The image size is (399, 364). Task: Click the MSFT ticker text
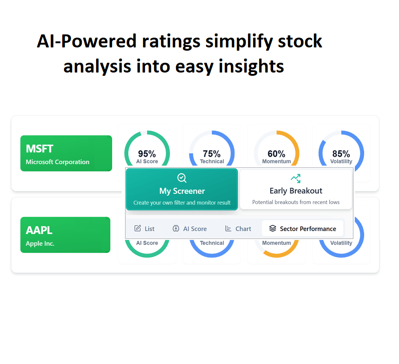pyautogui.click(x=39, y=149)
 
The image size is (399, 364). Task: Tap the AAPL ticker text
pyautogui.click(x=39, y=230)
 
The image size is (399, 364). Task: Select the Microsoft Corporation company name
pyautogui.click(x=58, y=162)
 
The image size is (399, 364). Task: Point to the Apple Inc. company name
pyautogui.click(x=40, y=244)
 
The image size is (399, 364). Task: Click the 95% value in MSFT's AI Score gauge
pyautogui.click(x=147, y=154)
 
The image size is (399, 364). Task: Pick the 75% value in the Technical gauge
pyautogui.click(x=212, y=154)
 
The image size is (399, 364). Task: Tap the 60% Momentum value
pyautogui.click(x=276, y=154)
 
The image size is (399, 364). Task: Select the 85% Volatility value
pyautogui.click(x=341, y=154)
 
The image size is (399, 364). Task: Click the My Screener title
pyautogui.click(x=182, y=191)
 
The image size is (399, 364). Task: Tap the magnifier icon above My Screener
pyautogui.click(x=182, y=178)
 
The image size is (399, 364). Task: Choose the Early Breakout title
pyautogui.click(x=296, y=191)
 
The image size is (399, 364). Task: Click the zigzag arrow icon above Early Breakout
pyautogui.click(x=296, y=179)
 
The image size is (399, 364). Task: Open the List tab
pyautogui.click(x=144, y=228)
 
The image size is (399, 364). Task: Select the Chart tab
pyautogui.click(x=238, y=228)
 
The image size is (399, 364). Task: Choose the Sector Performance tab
pyautogui.click(x=302, y=228)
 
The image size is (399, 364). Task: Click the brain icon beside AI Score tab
pyautogui.click(x=176, y=228)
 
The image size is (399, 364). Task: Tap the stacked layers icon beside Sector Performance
pyautogui.click(x=273, y=228)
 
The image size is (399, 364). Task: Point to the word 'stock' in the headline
pyautogui.click(x=300, y=41)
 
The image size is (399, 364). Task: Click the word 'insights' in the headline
pyautogui.click(x=251, y=66)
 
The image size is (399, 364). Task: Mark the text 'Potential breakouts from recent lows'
pyautogui.click(x=296, y=202)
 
